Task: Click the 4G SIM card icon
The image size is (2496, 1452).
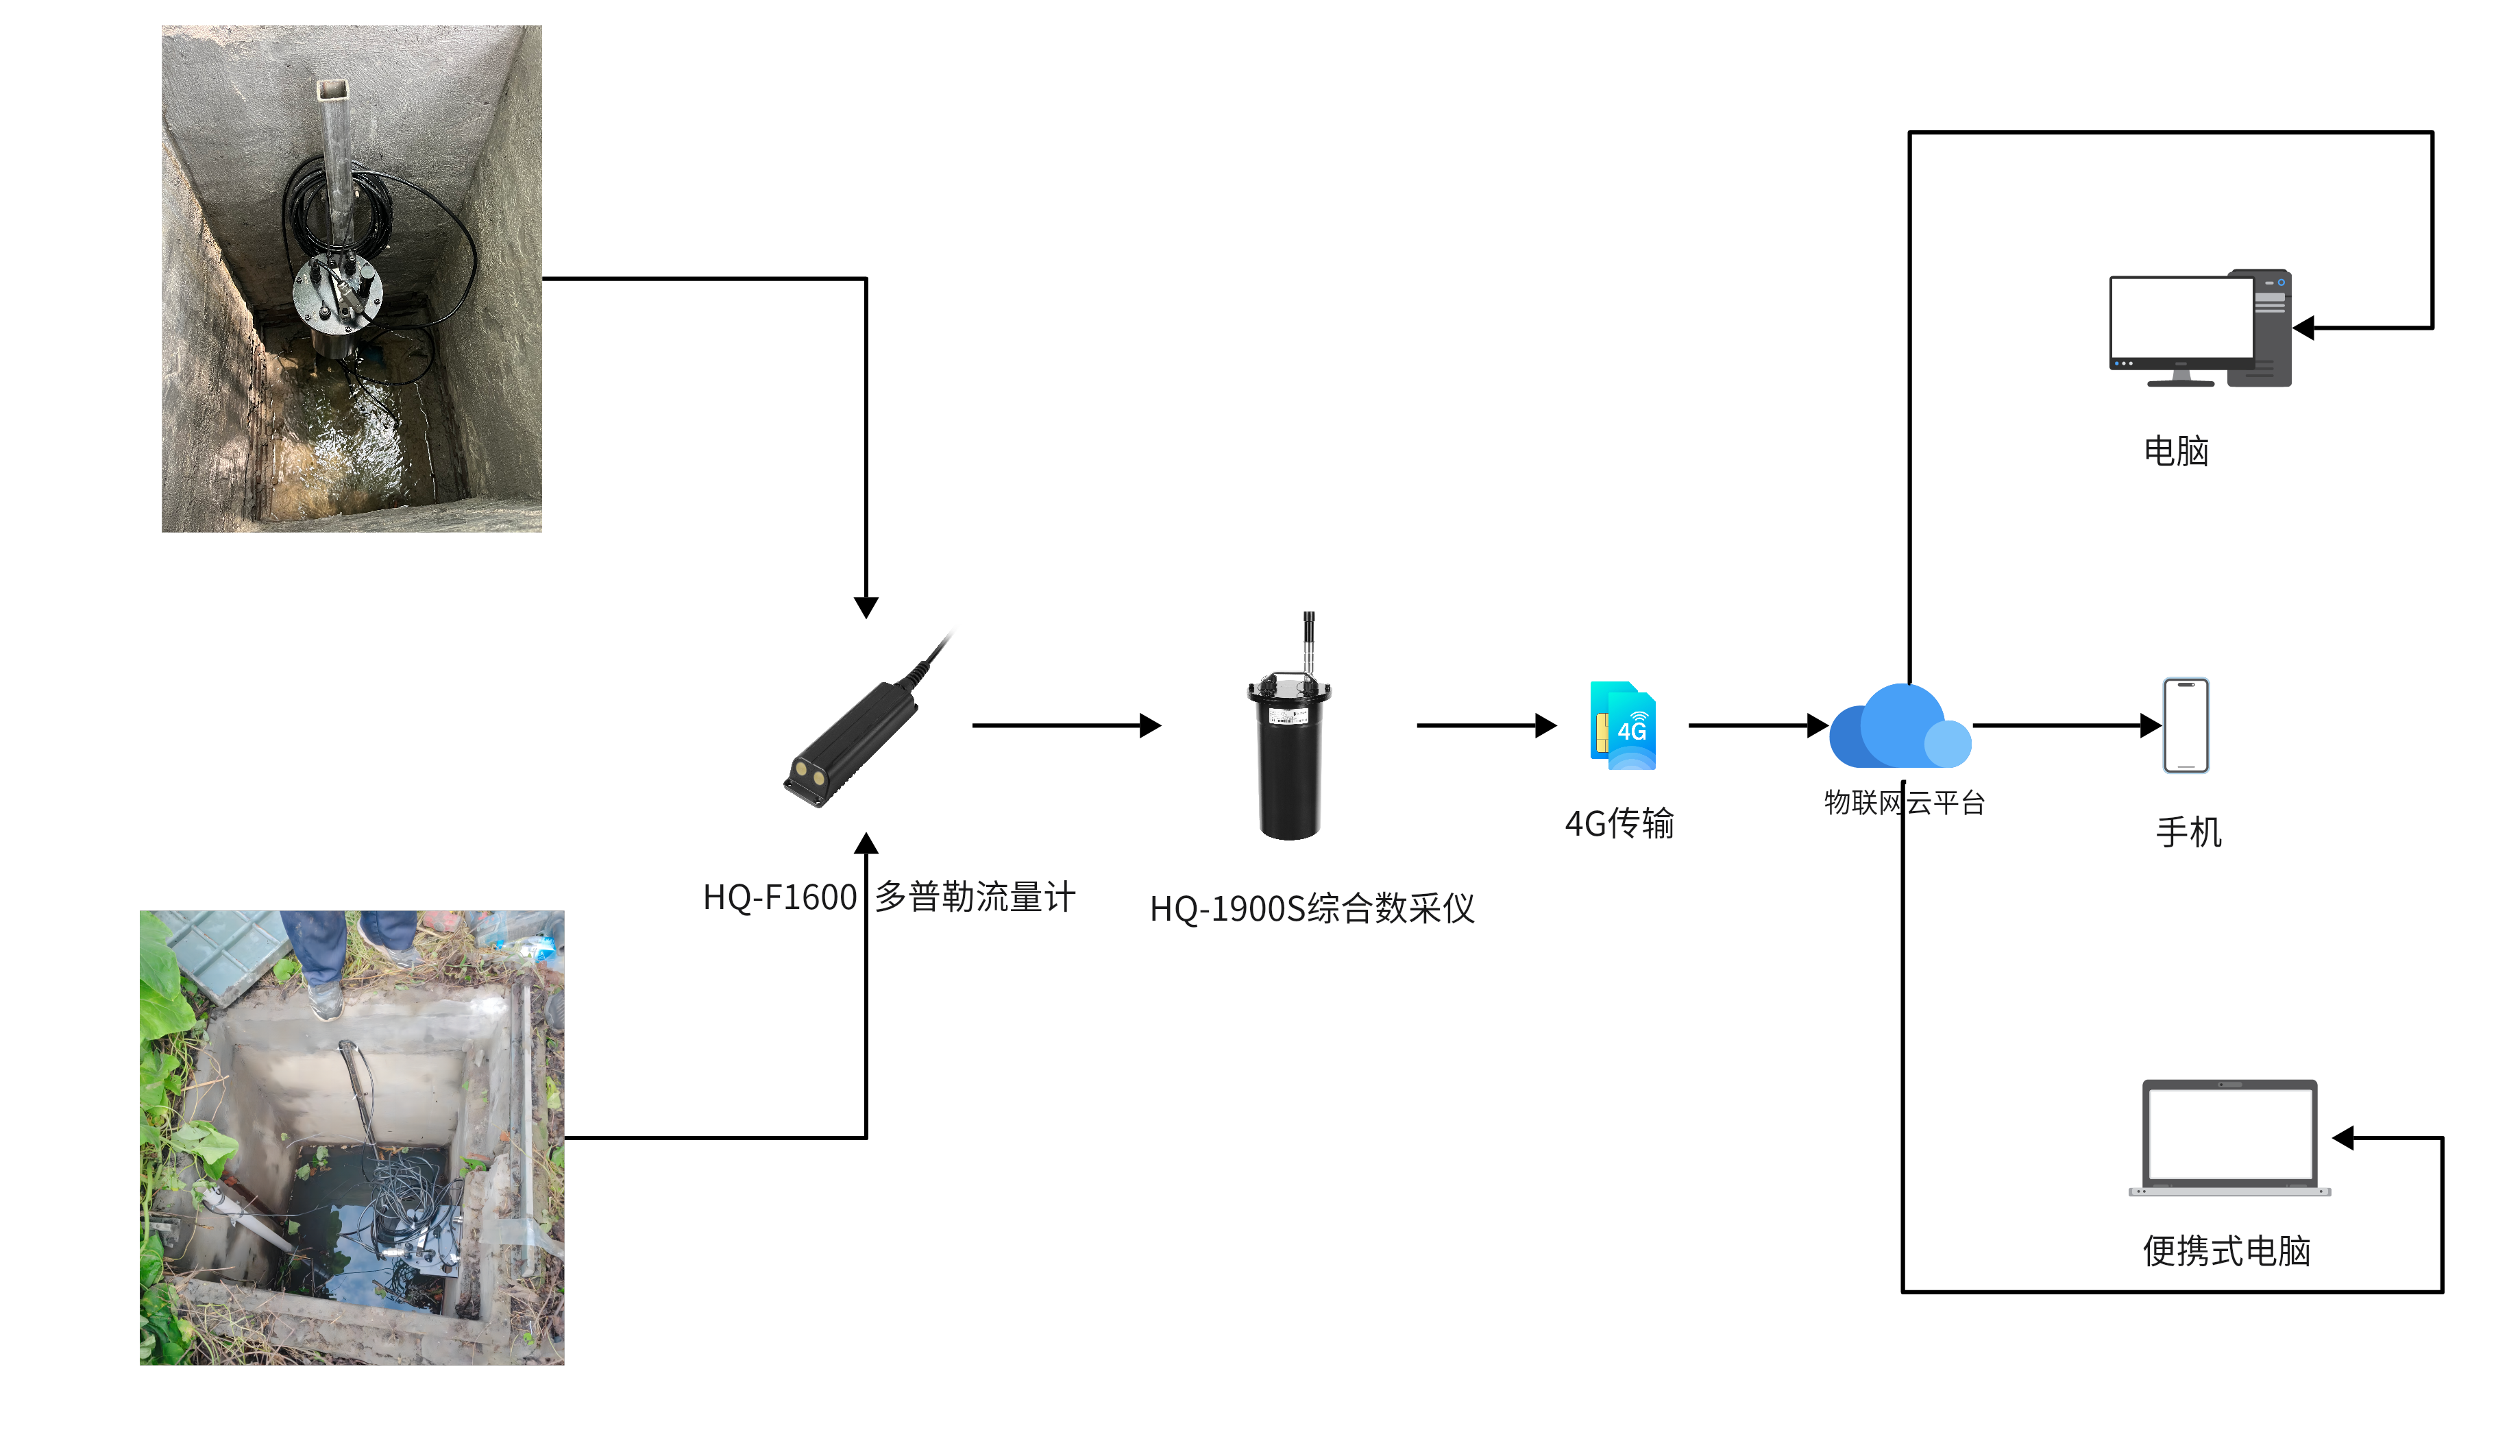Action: tap(1622, 725)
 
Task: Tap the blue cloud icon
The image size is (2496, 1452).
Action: tap(1899, 728)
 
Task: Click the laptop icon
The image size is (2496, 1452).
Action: tap(2229, 1137)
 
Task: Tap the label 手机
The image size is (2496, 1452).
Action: tap(2188, 832)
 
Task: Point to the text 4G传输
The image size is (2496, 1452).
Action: tap(1619, 823)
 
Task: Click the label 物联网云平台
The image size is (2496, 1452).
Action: tap(1904, 802)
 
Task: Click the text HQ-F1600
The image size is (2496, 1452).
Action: tap(779, 897)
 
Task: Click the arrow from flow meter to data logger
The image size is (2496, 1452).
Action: tap(1065, 726)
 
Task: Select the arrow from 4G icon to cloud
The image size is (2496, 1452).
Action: tap(1756, 726)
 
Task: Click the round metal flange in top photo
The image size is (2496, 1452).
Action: tap(338, 294)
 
